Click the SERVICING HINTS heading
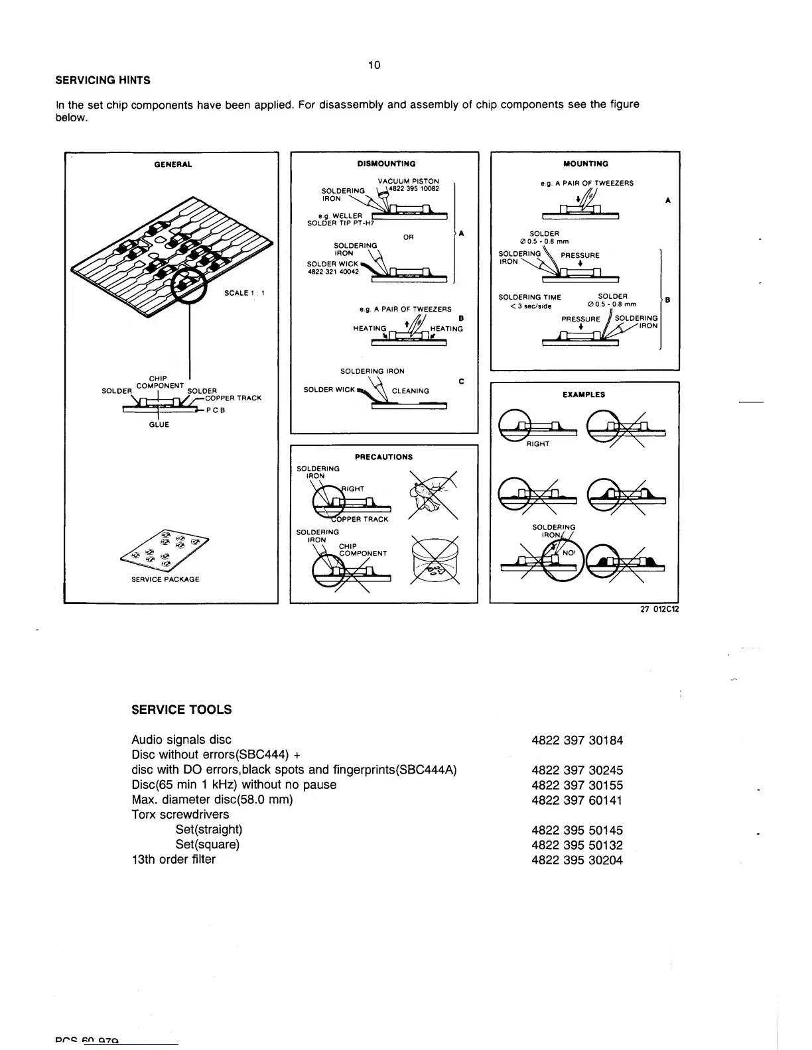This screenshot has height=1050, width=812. pyautogui.click(x=102, y=80)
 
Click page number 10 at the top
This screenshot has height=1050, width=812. pyautogui.click(x=374, y=65)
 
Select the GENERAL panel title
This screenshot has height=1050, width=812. pyautogui.click(x=173, y=164)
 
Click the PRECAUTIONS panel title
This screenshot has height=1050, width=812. pyautogui.click(x=383, y=457)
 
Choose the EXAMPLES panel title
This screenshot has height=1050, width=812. pyautogui.click(x=584, y=394)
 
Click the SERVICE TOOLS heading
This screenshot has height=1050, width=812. pyautogui.click(x=181, y=710)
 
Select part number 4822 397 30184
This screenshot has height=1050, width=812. pyautogui.click(x=577, y=740)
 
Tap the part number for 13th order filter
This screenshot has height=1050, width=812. pyautogui.click(x=577, y=860)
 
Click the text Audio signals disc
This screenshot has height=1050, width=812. pyautogui.click(x=181, y=740)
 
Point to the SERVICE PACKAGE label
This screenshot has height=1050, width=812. pyautogui.click(x=165, y=579)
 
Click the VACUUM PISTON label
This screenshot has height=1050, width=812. pyautogui.click(x=408, y=182)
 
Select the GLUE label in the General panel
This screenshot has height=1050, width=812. pyautogui.click(x=159, y=425)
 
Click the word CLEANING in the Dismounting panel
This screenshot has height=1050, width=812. pyautogui.click(x=410, y=391)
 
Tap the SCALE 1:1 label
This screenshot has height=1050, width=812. pyautogui.click(x=245, y=293)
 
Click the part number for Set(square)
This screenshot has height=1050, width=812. pyautogui.click(x=577, y=845)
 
